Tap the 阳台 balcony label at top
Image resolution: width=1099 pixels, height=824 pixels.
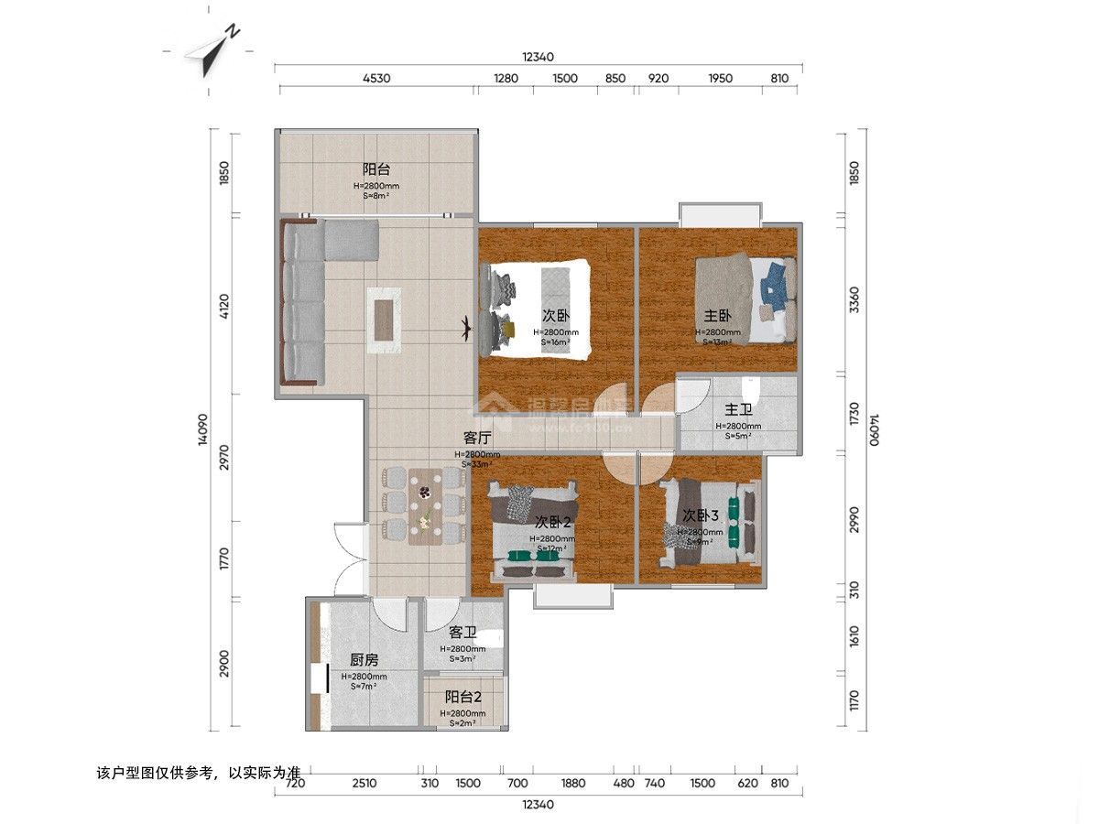click(376, 169)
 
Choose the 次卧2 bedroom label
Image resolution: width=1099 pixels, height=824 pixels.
click(553, 522)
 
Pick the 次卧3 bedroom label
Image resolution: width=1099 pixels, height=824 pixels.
click(700, 516)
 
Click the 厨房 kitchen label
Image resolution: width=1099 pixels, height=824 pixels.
click(365, 660)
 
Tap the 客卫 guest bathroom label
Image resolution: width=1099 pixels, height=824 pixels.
click(463, 633)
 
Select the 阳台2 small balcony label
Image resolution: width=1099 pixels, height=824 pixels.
click(462, 698)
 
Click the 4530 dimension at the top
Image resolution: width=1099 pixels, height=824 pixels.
click(376, 78)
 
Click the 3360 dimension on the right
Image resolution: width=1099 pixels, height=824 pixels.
click(854, 298)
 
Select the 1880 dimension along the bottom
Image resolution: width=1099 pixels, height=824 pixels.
click(572, 783)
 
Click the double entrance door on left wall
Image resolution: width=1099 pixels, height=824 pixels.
click(352, 560)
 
